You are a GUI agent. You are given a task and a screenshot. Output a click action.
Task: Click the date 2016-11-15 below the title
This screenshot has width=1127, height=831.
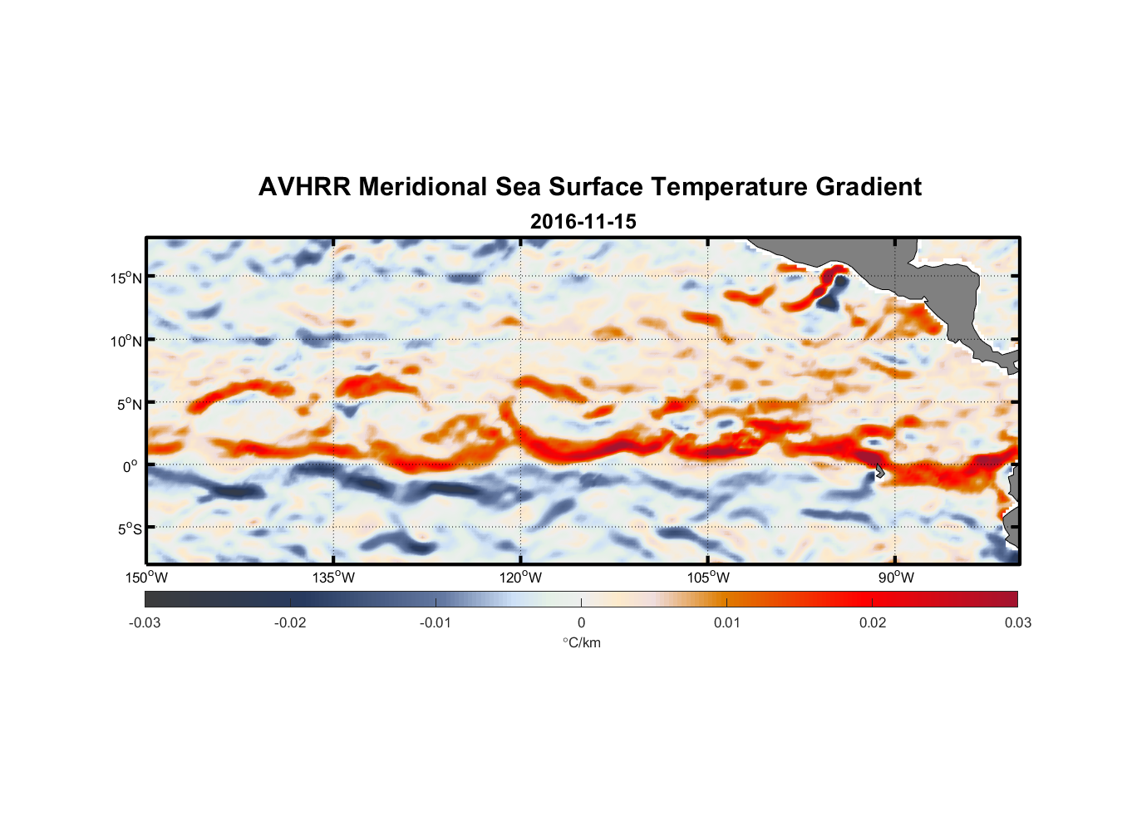[583, 222]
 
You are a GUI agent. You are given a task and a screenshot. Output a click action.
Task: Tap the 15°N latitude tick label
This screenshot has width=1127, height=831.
[125, 278]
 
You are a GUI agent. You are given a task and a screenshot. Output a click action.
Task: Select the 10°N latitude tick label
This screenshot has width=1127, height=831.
[125, 341]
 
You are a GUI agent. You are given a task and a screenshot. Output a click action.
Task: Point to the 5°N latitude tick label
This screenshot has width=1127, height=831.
[129, 404]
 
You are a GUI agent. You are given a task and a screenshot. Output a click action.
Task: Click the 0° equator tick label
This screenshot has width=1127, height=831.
[130, 466]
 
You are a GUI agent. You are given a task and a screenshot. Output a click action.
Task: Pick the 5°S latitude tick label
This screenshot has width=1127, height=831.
[129, 529]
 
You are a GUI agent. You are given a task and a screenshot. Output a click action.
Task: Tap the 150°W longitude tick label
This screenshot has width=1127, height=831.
[147, 578]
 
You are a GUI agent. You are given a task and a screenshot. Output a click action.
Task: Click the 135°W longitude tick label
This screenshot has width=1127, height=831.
[334, 578]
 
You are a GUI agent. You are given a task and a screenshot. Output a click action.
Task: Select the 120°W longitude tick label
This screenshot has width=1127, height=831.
[521, 578]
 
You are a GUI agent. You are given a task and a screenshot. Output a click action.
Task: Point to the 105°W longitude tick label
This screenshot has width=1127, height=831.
[708, 578]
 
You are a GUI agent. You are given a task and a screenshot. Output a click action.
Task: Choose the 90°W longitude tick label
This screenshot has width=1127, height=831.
[896, 578]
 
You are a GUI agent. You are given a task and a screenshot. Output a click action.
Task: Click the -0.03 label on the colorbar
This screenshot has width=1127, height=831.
[145, 622]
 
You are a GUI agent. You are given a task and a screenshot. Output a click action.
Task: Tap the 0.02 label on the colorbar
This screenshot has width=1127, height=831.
[873, 622]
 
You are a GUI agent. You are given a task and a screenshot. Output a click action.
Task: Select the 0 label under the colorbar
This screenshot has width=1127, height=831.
[581, 622]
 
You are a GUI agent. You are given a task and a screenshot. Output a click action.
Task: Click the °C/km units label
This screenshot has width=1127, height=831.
[581, 642]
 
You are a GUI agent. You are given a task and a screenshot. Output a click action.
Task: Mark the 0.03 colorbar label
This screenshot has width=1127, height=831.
[1017, 622]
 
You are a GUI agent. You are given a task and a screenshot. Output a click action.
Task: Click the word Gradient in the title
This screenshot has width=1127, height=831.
[869, 187]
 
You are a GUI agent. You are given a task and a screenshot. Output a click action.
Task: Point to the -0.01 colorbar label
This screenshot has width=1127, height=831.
[436, 622]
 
